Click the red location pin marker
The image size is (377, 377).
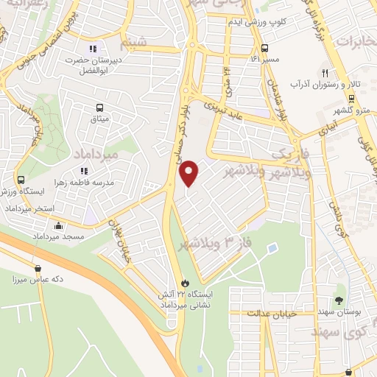pos(189,172)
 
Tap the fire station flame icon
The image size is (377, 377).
pos(185,283)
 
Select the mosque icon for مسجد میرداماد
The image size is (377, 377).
pos(57,226)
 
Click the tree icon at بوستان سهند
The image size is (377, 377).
pos(339,300)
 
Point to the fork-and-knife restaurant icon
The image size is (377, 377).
pos(324,73)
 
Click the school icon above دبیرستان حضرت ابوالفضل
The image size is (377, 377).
pos(93,49)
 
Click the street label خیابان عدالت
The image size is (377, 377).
pos(264,313)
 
